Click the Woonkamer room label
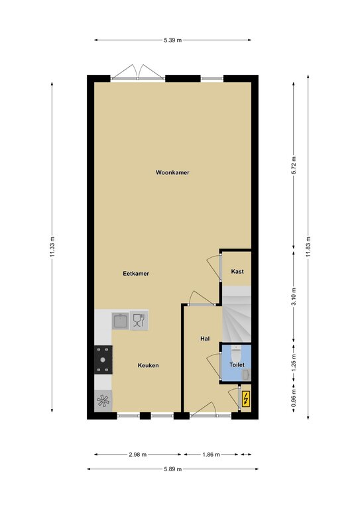click(172, 172)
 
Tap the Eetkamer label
click(136, 273)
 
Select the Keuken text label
click(148, 365)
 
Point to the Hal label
click(205, 339)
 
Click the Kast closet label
click(237, 271)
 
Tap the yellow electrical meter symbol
click(246, 398)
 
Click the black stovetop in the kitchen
click(103, 360)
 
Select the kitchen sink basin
click(121, 321)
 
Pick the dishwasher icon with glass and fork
click(139, 320)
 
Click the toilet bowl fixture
click(236, 352)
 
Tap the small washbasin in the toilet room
click(247, 374)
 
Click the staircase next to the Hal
click(237, 314)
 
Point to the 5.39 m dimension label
click(172, 40)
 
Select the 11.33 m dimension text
click(52, 247)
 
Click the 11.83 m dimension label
click(308, 247)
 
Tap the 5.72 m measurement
click(294, 166)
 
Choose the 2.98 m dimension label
click(138, 455)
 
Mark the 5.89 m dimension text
click(172, 469)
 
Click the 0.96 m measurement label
click(294, 398)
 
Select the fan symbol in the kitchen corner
click(103, 401)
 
